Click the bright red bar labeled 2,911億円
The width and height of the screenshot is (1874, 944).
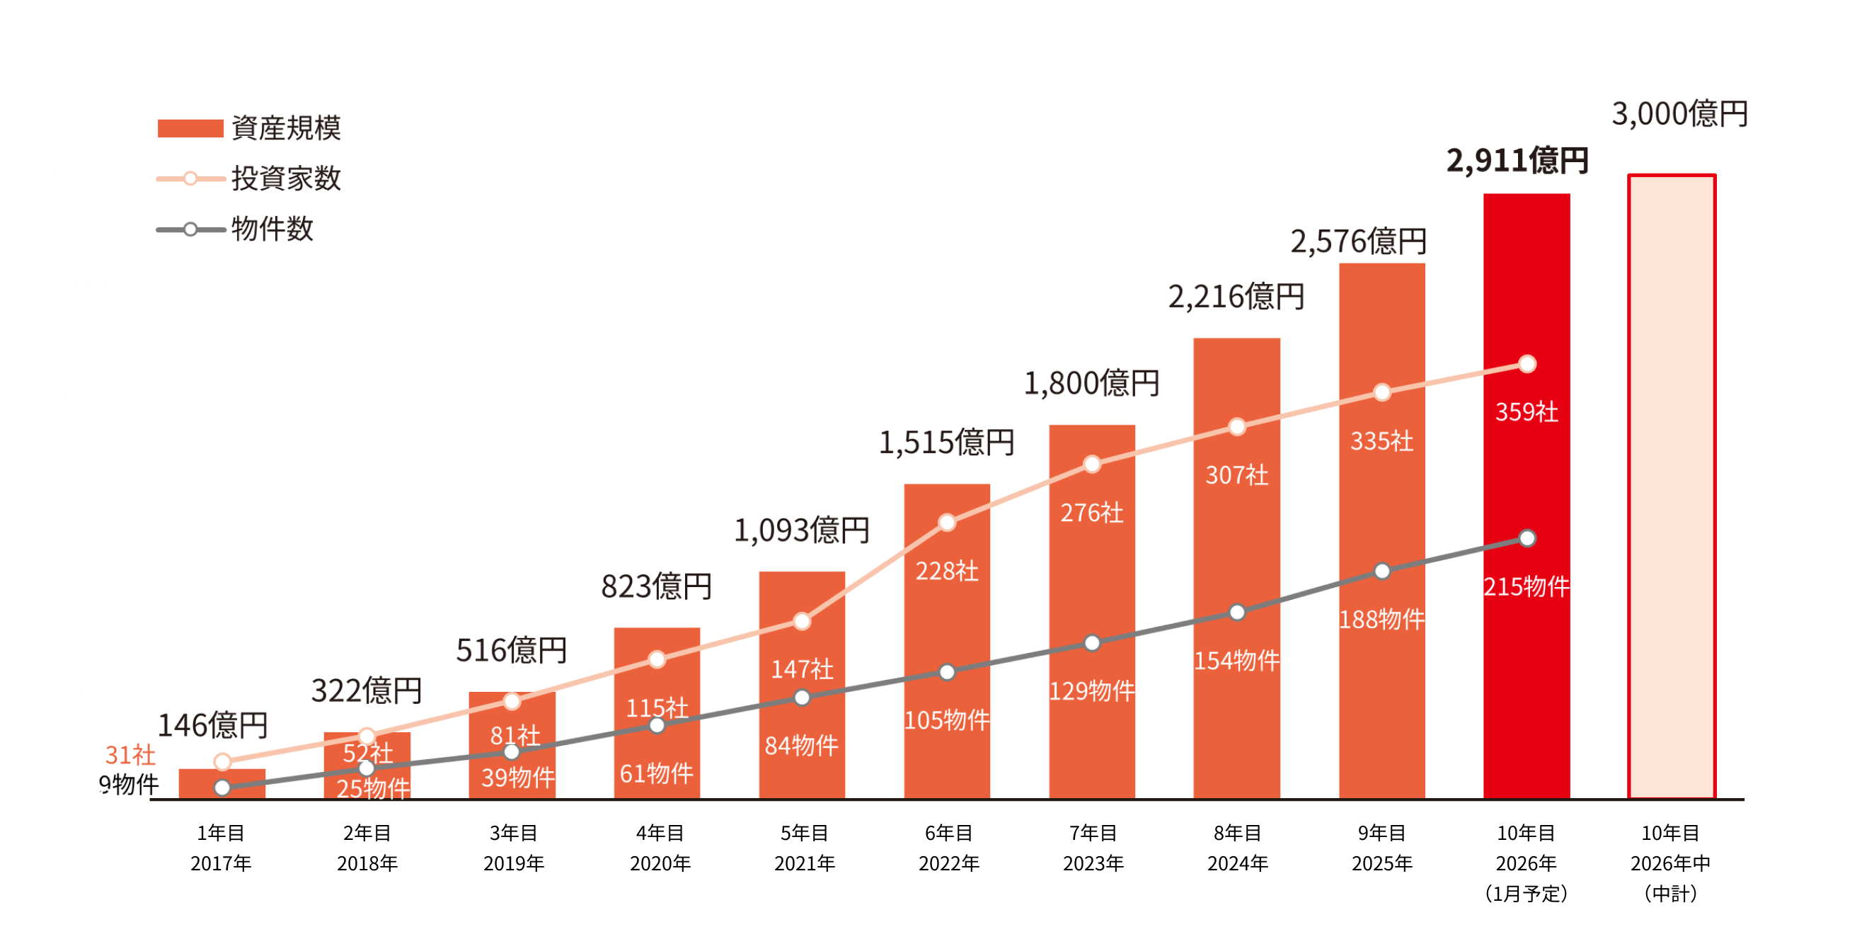pyautogui.click(x=1527, y=495)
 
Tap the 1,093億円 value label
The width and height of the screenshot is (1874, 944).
pyautogui.click(x=801, y=530)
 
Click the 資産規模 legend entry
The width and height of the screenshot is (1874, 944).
pyautogui.click(x=285, y=128)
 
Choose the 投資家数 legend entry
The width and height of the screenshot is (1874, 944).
pyautogui.click(x=285, y=178)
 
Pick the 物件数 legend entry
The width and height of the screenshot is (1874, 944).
pyautogui.click(x=271, y=229)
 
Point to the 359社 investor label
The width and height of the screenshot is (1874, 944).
pyautogui.click(x=1527, y=412)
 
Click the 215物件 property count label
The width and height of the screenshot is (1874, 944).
pyautogui.click(x=1527, y=586)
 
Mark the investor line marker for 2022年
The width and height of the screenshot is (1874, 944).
pyautogui.click(x=946, y=523)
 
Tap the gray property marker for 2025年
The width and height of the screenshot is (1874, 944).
pyautogui.click(x=1381, y=571)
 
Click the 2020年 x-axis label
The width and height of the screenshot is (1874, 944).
pyautogui.click(x=659, y=863)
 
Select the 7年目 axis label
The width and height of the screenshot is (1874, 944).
pyautogui.click(x=1093, y=833)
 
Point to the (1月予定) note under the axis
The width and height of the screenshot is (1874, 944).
pyautogui.click(x=1526, y=894)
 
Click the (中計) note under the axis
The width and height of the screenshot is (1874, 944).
pyautogui.click(x=1670, y=894)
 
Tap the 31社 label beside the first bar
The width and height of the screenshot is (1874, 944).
pyautogui.click(x=130, y=755)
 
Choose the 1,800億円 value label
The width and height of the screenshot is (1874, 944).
pyautogui.click(x=1091, y=384)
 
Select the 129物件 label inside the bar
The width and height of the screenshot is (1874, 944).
pyautogui.click(x=1091, y=690)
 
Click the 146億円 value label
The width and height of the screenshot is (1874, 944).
pyautogui.click(x=213, y=726)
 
